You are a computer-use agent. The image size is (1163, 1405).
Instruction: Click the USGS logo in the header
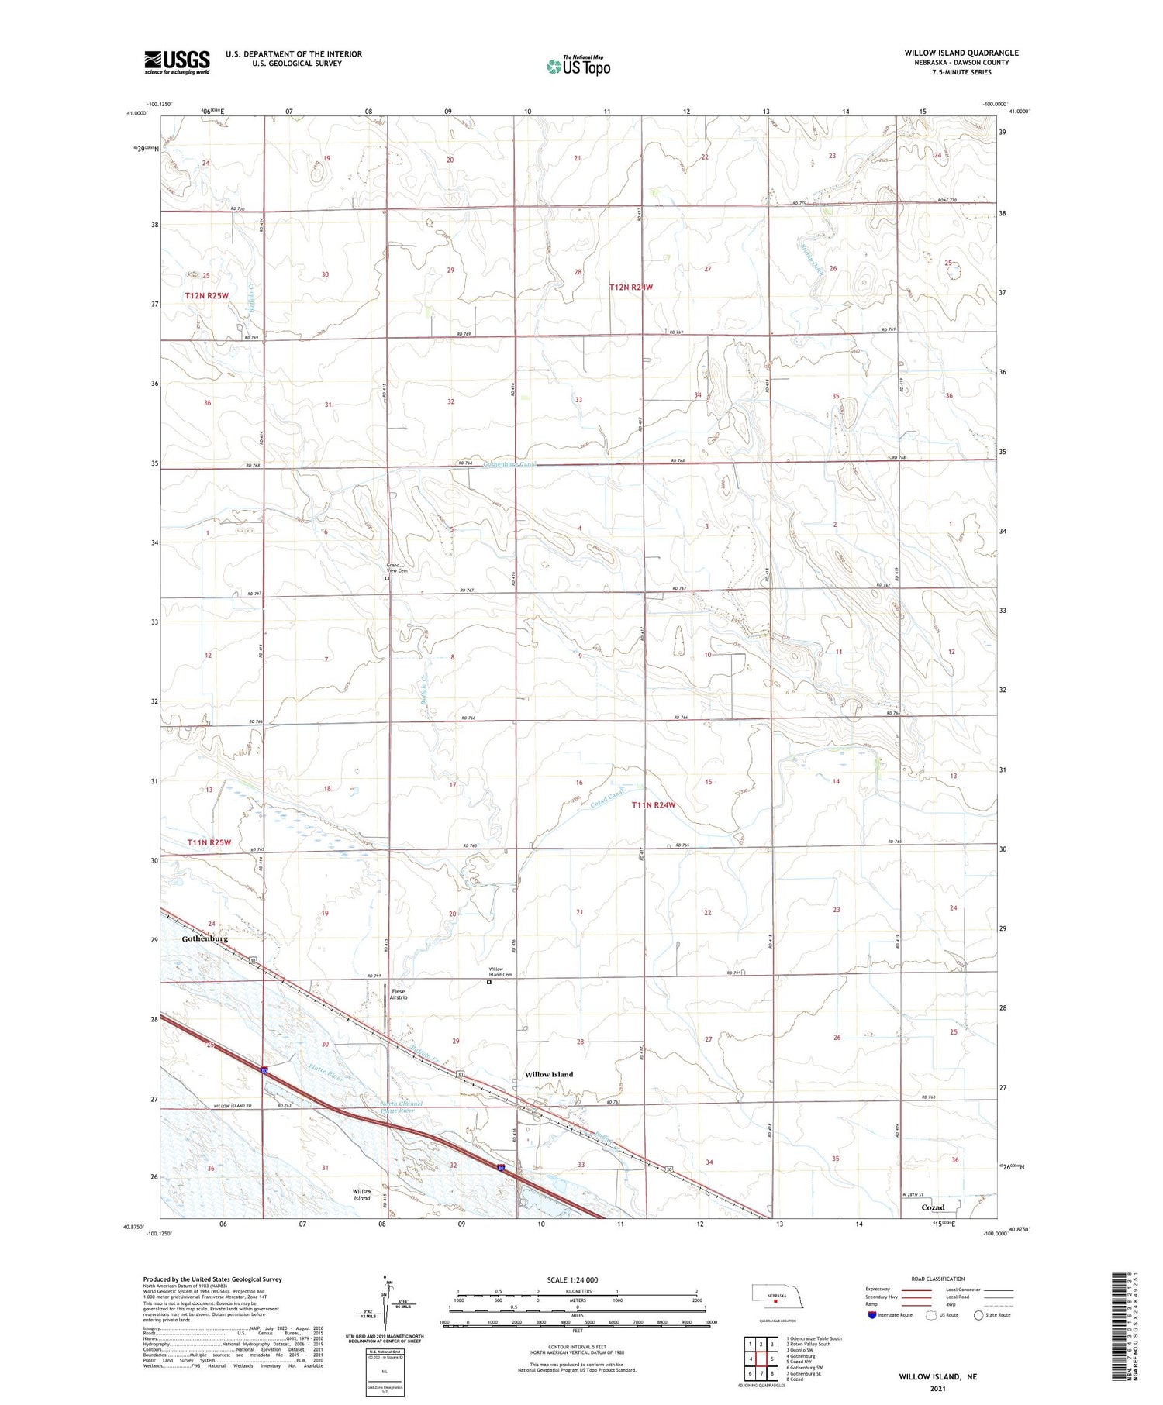point(177,62)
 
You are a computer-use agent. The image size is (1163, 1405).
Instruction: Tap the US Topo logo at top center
point(578,66)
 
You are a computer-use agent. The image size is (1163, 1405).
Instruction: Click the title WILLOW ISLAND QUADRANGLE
point(961,53)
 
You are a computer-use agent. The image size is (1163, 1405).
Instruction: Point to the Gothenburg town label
point(205,938)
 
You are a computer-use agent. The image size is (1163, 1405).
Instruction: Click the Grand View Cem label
point(397,568)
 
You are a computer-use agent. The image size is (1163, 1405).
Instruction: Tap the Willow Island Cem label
point(495,972)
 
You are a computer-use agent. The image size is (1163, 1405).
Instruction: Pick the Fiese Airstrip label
point(399,994)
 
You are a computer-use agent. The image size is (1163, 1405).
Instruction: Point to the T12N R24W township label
point(631,288)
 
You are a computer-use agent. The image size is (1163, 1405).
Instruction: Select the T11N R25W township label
point(209,842)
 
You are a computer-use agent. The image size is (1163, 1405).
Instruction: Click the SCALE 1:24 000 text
point(572,1279)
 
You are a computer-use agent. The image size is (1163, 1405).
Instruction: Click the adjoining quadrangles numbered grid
point(761,1359)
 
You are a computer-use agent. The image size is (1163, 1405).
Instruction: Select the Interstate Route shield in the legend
point(871,1315)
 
